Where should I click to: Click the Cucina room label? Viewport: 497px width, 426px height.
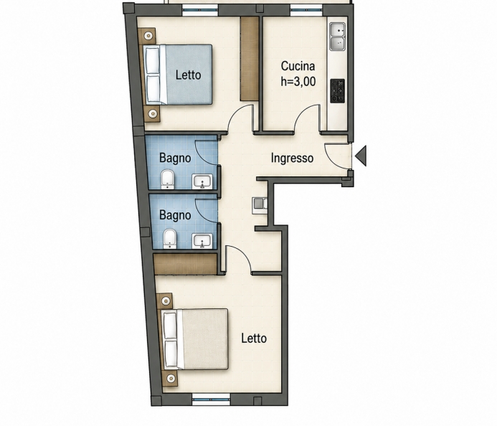[298, 66]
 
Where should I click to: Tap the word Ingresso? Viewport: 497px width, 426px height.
[292, 158]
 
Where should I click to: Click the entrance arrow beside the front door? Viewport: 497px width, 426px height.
[361, 156]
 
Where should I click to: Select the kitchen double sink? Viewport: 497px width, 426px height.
[338, 37]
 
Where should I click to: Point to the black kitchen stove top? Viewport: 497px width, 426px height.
[338, 91]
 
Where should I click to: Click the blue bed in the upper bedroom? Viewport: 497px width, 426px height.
[178, 75]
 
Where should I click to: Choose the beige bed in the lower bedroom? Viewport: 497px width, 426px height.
[195, 339]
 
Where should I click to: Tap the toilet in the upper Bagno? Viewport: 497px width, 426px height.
[167, 179]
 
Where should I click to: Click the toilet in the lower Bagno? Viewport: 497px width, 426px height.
[170, 239]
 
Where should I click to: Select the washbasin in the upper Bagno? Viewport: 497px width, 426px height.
[202, 181]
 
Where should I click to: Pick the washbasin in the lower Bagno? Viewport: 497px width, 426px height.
[202, 241]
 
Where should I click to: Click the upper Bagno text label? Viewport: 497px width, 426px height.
[175, 158]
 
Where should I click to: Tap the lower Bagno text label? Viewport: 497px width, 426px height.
[175, 215]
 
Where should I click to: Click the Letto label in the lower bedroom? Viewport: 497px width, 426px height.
[254, 339]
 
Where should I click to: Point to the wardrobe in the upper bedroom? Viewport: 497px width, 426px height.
[250, 59]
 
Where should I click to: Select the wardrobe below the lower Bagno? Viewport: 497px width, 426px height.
[186, 264]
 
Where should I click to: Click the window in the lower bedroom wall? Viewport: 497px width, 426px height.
[211, 399]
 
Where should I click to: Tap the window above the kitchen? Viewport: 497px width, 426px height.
[306, 10]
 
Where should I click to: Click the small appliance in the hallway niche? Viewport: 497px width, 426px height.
[260, 205]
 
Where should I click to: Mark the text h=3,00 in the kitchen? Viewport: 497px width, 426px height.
[298, 82]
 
